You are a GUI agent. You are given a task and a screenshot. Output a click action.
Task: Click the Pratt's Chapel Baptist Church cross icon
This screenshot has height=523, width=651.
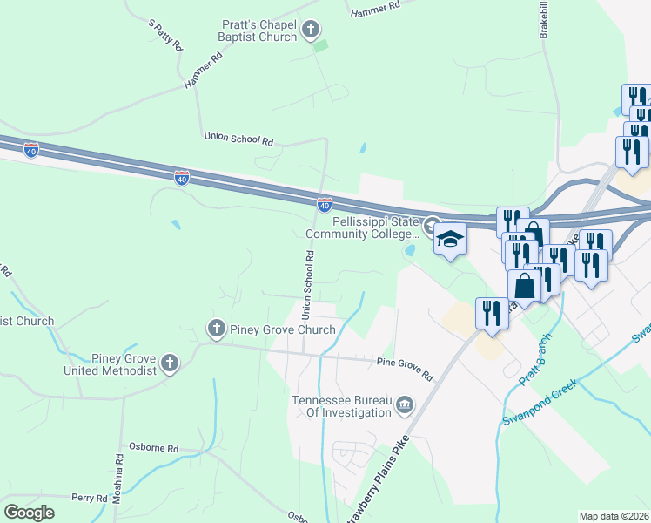click(x=309, y=32)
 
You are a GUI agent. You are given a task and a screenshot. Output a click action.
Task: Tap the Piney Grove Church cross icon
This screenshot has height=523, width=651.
click(x=217, y=329)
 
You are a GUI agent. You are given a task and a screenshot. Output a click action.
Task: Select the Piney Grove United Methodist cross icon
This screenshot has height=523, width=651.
click(x=170, y=363)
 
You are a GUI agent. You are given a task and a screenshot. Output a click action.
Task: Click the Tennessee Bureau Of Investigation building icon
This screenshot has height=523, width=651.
click(x=404, y=404)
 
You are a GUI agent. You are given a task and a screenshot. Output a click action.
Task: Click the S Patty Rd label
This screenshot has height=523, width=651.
click(x=165, y=34)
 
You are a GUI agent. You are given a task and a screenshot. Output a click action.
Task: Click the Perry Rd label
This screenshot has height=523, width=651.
click(x=90, y=498)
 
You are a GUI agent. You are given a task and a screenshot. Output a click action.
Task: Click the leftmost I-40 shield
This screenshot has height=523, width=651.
click(x=32, y=150)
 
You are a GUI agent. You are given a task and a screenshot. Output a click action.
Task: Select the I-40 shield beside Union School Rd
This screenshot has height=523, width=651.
click(x=324, y=205)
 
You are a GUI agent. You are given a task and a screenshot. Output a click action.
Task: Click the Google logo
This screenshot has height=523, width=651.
click(x=29, y=513)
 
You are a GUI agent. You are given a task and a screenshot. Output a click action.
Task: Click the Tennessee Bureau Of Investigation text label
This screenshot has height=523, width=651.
click(x=342, y=405)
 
